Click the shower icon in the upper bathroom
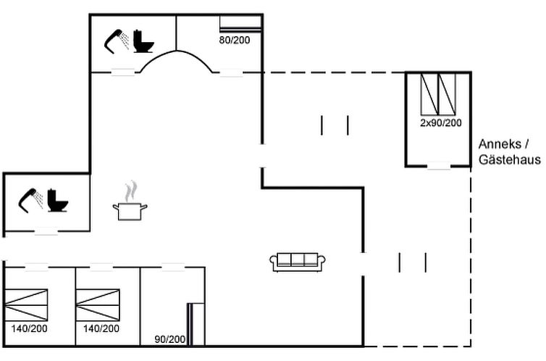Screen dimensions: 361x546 click(117, 41)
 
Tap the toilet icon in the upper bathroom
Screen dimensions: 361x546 click(143, 41)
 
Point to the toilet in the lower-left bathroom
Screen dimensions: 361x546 click(57, 200)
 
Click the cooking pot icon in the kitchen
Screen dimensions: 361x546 click(130, 211)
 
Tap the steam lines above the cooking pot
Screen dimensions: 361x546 click(130, 191)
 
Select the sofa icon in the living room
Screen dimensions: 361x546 click(298, 262)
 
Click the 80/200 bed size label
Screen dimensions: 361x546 click(234, 40)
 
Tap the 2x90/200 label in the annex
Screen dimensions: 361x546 click(440, 123)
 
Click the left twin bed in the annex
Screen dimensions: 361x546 click(430, 94)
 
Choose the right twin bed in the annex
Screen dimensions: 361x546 click(448, 94)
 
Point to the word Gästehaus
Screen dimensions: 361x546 click(509, 160)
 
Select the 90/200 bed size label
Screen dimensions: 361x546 click(170, 339)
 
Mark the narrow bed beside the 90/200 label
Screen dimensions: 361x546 click(196, 323)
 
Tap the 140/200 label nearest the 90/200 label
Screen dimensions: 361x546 click(101, 328)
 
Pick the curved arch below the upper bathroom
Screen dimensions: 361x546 click(176, 62)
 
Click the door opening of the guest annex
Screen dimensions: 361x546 click(438, 166)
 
